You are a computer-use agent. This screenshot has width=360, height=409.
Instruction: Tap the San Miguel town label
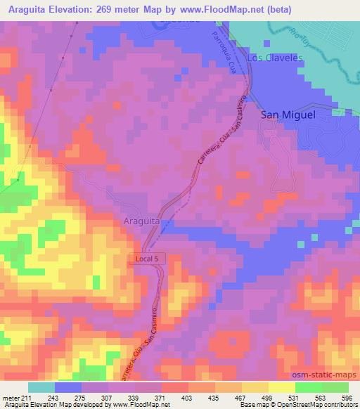click(288, 114)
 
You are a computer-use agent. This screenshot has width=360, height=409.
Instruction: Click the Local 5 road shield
click(148, 259)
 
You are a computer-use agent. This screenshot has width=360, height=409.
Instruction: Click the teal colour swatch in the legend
click(41, 387)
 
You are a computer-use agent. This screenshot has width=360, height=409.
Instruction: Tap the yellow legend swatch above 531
click(281, 387)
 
